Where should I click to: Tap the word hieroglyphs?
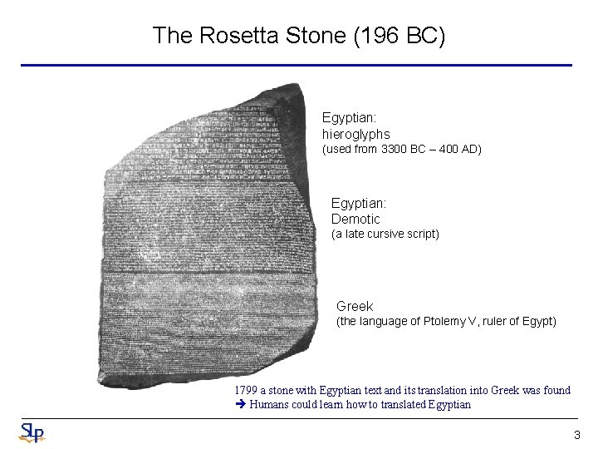[x=356, y=134]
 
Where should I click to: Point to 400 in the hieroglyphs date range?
[x=448, y=150]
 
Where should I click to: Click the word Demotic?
[x=355, y=219]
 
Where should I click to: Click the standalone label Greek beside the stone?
[x=355, y=306]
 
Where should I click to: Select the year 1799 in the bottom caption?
[x=247, y=390]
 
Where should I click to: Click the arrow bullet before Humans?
[x=240, y=405]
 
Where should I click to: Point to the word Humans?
[x=270, y=405]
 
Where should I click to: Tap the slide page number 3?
[x=576, y=436]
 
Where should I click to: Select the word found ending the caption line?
[x=556, y=390]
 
